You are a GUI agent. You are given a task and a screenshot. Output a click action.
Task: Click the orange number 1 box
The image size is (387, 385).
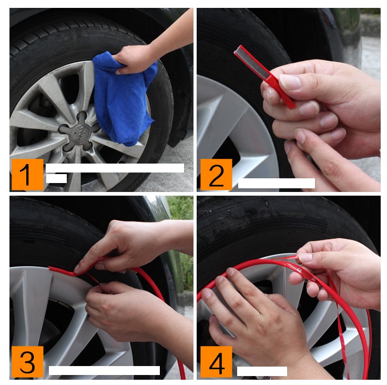point(27,175)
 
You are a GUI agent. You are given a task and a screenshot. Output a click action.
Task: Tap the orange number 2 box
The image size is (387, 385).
point(216,175)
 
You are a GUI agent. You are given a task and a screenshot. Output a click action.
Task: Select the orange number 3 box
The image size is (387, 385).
point(27,362)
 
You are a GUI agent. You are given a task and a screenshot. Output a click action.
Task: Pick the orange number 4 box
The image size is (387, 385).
point(216,362)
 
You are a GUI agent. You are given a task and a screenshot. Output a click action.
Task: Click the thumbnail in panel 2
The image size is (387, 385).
point(290,82)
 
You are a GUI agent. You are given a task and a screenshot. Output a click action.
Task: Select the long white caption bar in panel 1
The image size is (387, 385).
point(115,168)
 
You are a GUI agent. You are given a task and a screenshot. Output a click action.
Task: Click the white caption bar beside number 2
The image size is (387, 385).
point(277,183)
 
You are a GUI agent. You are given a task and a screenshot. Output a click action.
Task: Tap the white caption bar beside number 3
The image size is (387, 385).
point(104,370)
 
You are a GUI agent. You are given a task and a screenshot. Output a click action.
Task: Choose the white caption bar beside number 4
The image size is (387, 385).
point(262,371)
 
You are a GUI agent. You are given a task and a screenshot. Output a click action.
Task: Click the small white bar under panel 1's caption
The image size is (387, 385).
point(56,178)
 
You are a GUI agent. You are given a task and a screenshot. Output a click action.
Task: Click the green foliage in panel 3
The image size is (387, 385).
point(181,222)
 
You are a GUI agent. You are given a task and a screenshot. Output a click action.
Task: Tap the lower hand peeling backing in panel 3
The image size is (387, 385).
point(133,313)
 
